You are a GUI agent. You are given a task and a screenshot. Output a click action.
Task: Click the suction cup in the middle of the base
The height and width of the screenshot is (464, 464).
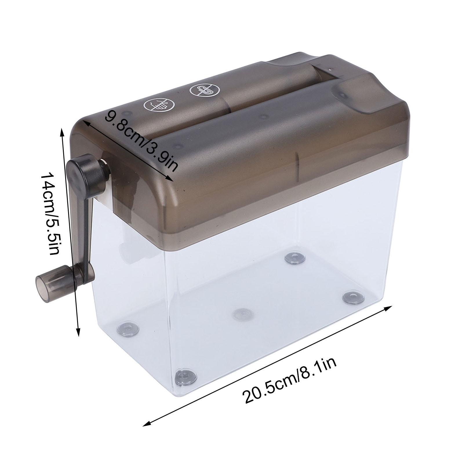[243, 314]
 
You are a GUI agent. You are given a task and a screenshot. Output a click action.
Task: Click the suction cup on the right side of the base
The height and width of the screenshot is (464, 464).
[353, 297]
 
